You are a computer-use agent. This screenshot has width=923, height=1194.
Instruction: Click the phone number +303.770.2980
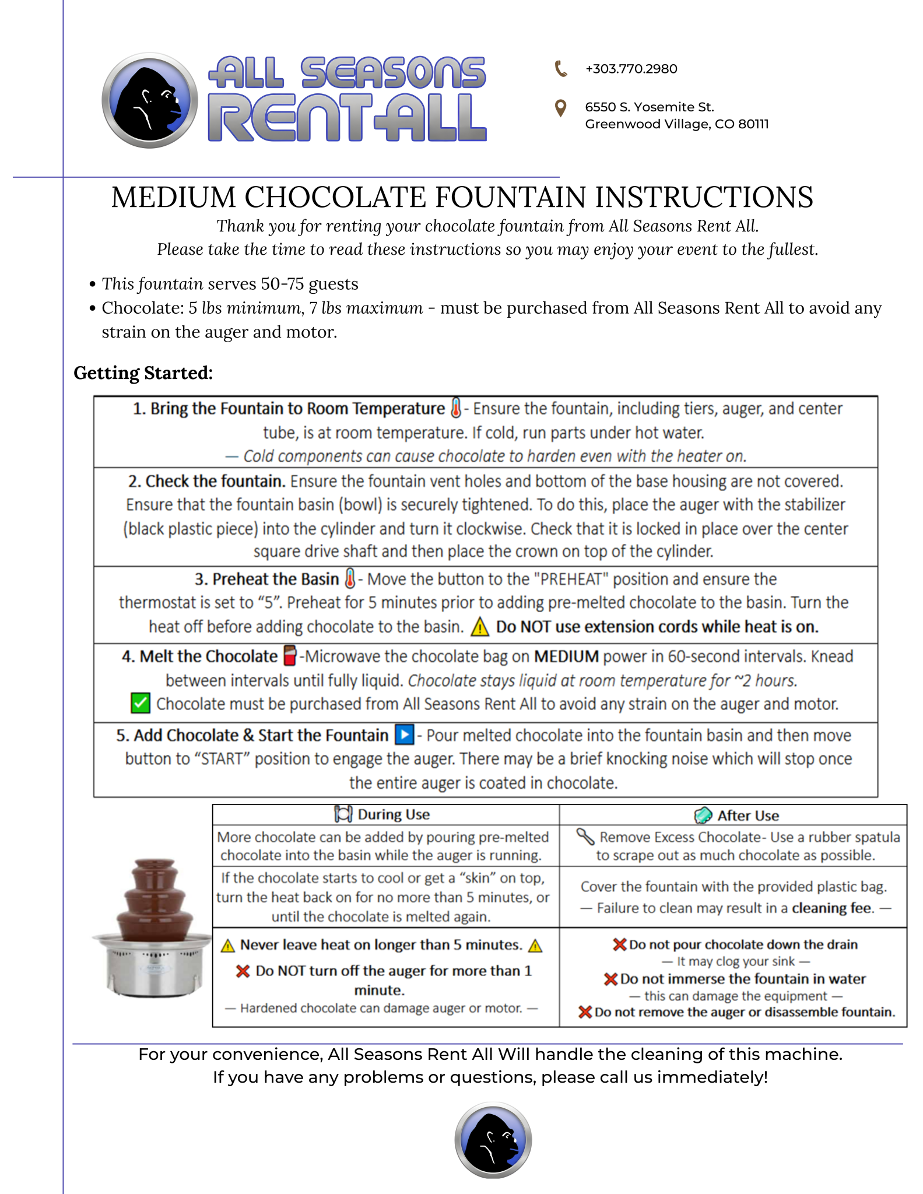pos(631,69)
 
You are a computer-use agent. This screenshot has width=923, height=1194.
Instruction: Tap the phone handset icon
pos(560,69)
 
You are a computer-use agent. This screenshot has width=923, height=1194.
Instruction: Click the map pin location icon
pos(560,108)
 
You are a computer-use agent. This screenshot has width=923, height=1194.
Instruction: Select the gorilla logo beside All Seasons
pos(150,100)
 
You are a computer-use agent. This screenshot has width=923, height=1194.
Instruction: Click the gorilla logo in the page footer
pos(493,1140)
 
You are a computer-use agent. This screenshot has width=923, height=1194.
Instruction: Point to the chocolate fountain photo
pos(152,928)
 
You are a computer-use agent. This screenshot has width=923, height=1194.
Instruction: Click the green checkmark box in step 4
pos(140,703)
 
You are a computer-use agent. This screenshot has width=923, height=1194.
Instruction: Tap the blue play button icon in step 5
pos(404,735)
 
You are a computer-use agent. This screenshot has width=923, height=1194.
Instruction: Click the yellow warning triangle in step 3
pos(479,627)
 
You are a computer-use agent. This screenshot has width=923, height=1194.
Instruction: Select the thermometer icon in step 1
pos(456,408)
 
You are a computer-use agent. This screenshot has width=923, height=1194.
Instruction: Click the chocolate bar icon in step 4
pos(289,655)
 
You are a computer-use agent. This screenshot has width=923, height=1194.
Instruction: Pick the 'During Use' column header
pos(394,814)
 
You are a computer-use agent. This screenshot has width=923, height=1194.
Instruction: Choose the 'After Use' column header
pos(748,816)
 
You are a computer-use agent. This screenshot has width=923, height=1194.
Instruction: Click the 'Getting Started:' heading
pos(143,373)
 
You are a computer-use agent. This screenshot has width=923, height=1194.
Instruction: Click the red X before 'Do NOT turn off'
pos(243,971)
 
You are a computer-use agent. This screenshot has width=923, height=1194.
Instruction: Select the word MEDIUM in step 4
pos(566,656)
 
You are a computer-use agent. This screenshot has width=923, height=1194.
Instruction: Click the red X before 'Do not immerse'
pos(610,979)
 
